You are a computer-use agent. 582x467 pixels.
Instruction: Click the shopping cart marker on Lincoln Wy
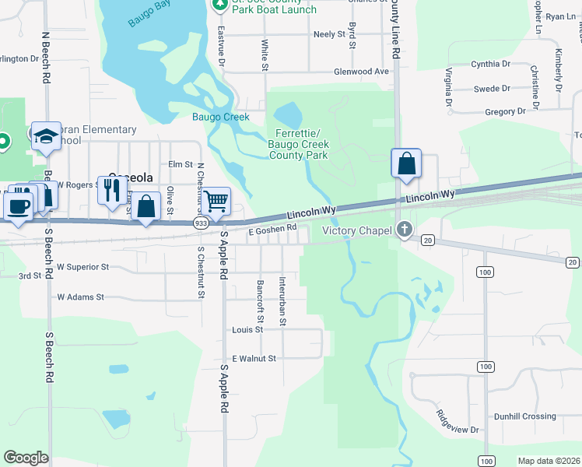(x=216, y=201)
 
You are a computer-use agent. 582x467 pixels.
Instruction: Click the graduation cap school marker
(x=46, y=136)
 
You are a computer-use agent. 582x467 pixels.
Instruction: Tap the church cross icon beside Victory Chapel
(x=404, y=230)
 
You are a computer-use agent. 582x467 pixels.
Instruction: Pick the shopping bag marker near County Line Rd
(x=406, y=163)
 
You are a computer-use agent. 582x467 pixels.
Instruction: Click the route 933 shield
(x=201, y=223)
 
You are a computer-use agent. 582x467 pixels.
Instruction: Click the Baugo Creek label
(x=221, y=118)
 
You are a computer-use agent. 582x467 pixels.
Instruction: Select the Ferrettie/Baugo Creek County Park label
(x=299, y=144)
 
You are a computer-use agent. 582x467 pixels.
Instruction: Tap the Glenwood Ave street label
(x=360, y=72)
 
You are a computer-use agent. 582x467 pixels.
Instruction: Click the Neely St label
(x=328, y=35)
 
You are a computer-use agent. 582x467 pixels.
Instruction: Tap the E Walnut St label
(x=251, y=359)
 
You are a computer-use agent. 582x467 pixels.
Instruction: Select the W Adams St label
(x=80, y=297)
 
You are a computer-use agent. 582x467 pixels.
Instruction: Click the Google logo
(x=26, y=458)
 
